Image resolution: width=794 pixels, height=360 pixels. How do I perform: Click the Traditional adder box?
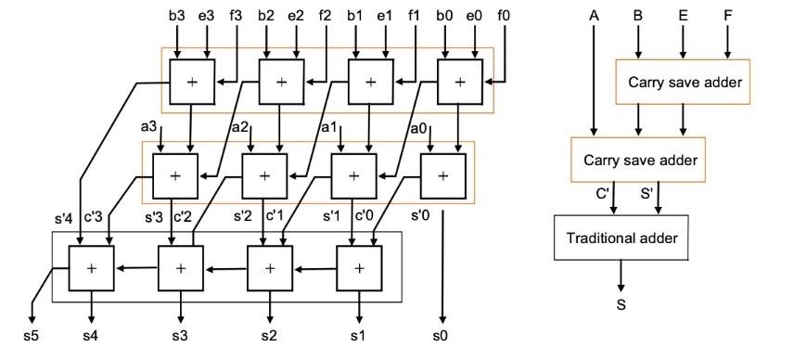click(x=621, y=238)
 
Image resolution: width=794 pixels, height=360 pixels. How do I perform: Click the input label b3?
click(x=176, y=17)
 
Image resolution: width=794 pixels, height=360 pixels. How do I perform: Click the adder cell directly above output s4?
click(x=91, y=266)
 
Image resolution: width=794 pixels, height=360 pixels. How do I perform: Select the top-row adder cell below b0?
click(x=459, y=83)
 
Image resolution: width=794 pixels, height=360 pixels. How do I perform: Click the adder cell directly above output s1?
click(x=358, y=266)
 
